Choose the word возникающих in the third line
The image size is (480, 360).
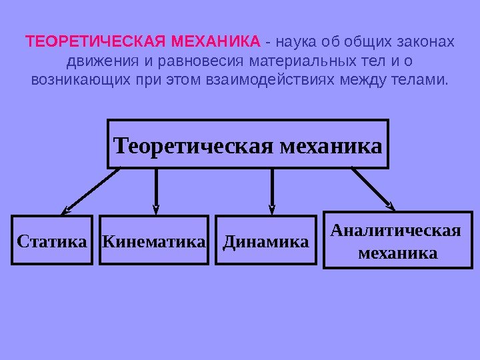75,81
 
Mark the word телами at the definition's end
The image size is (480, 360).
424,81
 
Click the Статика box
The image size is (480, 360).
51,240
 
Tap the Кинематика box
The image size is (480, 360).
155,240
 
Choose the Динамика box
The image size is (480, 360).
266,240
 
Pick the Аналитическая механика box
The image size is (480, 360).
397,240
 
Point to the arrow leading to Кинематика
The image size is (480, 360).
156,190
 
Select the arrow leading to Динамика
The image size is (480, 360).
272,190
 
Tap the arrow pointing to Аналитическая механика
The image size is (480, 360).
372,188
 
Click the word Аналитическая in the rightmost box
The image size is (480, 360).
396,231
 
